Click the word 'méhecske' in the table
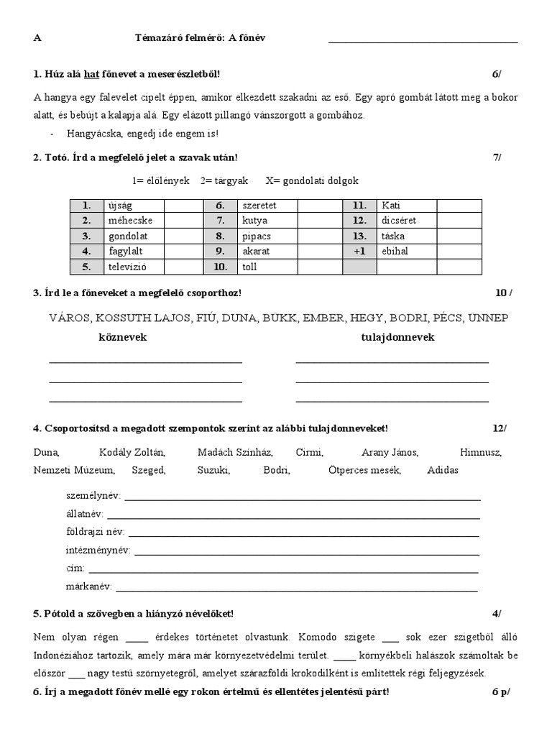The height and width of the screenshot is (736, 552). click(125, 221)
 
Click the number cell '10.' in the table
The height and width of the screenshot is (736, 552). click(221, 267)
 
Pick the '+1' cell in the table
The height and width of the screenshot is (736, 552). click(360, 252)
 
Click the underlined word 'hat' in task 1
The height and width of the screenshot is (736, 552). click(91, 74)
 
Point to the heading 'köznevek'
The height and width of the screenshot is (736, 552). click(122, 337)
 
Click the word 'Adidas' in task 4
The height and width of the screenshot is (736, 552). click(442, 470)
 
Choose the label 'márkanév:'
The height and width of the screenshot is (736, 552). click(88, 586)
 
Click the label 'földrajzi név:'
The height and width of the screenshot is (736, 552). click(95, 532)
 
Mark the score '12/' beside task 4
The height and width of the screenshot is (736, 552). click(499, 428)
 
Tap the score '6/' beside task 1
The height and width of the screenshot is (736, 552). click(496, 74)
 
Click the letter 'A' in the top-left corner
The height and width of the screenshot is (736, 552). click(37, 37)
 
